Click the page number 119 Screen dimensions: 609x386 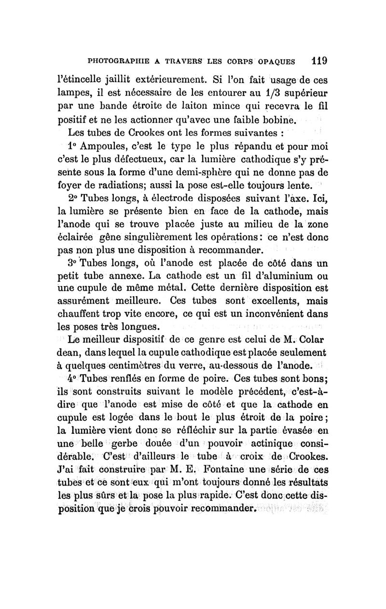point(319,61)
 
